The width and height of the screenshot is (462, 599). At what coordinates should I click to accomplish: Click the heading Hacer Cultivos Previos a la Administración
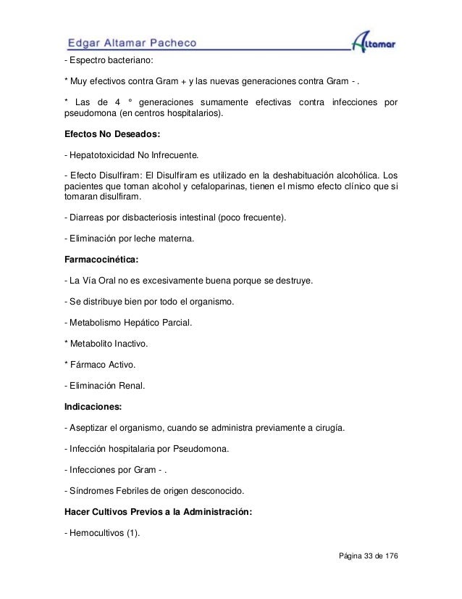point(158,511)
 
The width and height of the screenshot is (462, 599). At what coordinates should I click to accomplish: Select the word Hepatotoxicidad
point(106,155)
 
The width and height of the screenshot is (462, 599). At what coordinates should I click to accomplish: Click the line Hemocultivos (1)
point(102,534)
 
